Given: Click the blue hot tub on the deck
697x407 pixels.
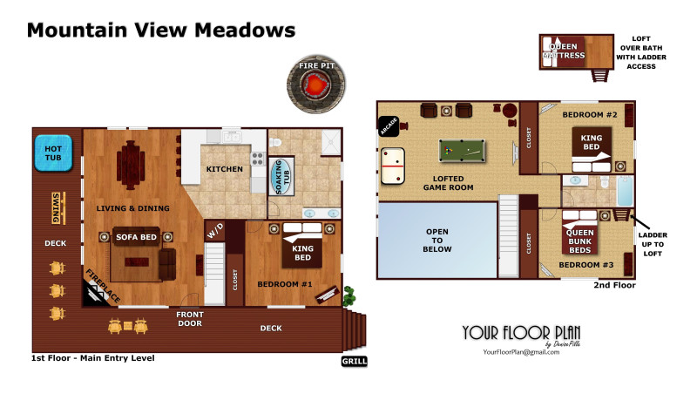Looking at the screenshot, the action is (53, 153).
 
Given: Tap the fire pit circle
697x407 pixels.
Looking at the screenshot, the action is (316, 84).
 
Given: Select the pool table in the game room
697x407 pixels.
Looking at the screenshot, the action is (462, 151).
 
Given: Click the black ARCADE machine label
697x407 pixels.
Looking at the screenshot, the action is (389, 126).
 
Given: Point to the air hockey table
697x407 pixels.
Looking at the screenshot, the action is (393, 166).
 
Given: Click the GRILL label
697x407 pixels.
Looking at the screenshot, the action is (355, 361).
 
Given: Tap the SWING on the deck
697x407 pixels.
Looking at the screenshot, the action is (58, 207).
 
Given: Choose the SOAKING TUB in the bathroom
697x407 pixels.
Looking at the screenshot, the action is (281, 177).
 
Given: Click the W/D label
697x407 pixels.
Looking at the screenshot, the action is (215, 230).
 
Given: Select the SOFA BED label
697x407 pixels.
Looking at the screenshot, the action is (136, 237).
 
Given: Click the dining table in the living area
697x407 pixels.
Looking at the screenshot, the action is (131, 165).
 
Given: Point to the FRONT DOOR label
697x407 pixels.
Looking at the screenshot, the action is (190, 319).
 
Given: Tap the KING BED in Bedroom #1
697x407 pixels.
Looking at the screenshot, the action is (302, 246).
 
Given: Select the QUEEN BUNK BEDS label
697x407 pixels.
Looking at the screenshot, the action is (580, 241).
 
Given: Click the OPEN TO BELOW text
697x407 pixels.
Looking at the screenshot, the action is (437, 241).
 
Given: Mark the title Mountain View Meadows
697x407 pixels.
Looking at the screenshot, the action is (161, 31).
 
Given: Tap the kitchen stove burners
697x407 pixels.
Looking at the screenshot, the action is (258, 159).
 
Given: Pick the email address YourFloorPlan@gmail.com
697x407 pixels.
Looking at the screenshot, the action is (521, 352).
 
